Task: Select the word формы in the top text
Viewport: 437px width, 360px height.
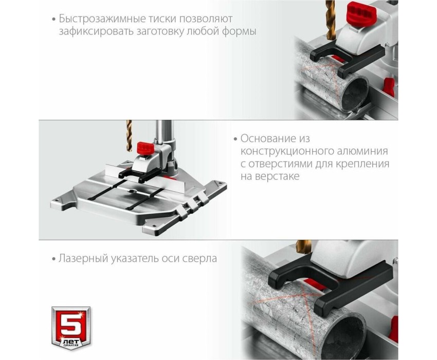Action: [239, 31]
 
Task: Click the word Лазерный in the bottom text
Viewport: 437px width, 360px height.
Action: [83, 259]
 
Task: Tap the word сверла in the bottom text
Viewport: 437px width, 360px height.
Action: [199, 259]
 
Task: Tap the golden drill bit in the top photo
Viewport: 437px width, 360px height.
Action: [331, 20]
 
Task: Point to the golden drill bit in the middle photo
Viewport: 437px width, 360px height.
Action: [129, 136]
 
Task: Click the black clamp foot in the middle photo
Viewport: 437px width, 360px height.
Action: [138, 174]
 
